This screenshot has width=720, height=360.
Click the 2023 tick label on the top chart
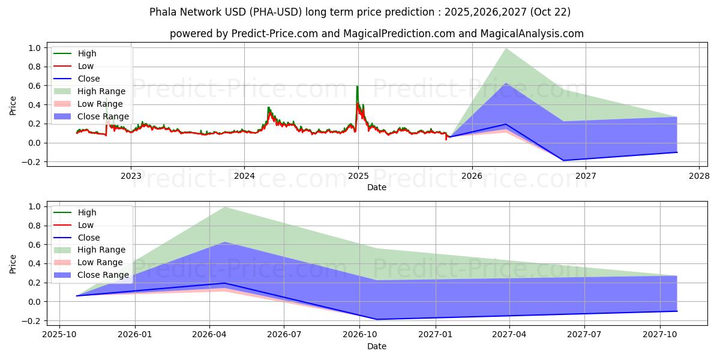pos(131,176)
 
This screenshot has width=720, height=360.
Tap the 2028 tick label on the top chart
pos(699,176)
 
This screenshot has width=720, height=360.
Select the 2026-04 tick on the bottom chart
pos(209,335)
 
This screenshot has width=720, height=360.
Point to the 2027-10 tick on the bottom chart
pos(660,335)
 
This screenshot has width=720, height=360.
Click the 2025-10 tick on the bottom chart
pos(59,335)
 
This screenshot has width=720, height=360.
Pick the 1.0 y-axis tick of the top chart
pos(35,48)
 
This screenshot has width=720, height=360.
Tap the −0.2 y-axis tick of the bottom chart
pos(32,321)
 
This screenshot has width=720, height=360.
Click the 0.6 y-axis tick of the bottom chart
pos(35,245)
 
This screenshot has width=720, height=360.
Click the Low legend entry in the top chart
pos(86,66)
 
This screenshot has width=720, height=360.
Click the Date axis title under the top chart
pos(377,187)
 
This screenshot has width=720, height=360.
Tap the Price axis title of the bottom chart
pos(13,264)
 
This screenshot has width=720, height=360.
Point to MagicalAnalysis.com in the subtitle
pos(532,34)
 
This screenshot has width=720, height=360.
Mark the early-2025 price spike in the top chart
pos(357,87)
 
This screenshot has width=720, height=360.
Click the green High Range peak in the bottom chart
pos(224,208)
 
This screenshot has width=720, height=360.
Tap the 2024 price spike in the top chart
pos(268,108)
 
